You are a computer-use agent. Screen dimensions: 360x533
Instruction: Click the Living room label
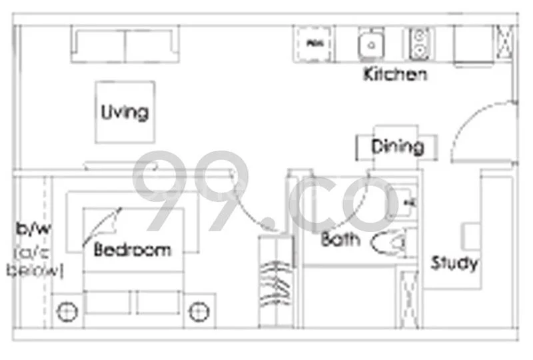point(124,112)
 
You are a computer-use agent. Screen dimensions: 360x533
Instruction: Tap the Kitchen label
point(394,74)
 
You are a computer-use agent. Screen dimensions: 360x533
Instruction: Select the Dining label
point(397,147)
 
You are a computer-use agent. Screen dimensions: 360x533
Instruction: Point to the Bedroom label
point(132,250)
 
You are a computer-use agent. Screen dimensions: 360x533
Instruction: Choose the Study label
point(454,263)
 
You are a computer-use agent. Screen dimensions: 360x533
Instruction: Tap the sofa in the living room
point(125,45)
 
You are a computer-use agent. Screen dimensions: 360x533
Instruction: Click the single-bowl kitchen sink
point(370,45)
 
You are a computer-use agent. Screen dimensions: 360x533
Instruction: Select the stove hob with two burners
point(420,44)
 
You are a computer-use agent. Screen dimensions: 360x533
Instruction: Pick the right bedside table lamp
point(199,310)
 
